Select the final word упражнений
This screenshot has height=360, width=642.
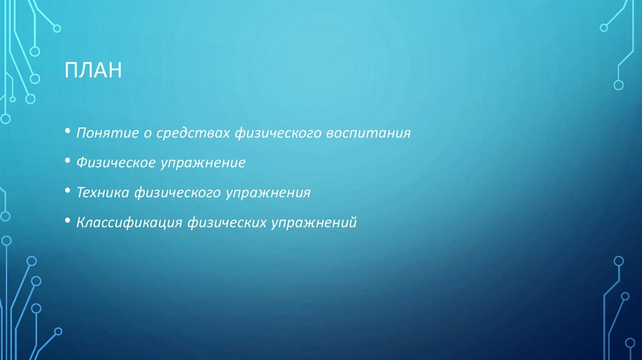pyautogui.click(x=313, y=222)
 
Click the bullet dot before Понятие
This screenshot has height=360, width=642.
pyautogui.click(x=67, y=133)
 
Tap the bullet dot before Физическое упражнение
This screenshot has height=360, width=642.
pyautogui.click(x=67, y=162)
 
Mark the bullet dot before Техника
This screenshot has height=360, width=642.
pyautogui.click(x=67, y=192)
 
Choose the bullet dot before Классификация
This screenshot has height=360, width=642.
pyautogui.click(x=67, y=221)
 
